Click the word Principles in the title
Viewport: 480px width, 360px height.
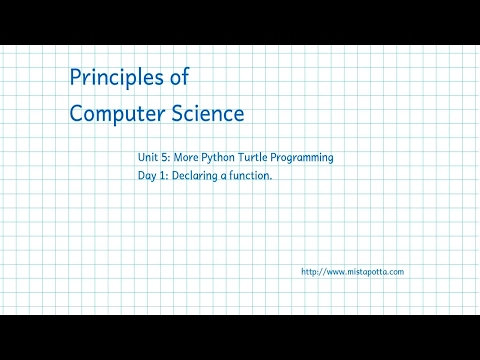tap(119, 78)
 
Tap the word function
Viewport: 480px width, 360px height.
tap(251, 177)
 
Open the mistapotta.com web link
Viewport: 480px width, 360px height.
tap(352, 271)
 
